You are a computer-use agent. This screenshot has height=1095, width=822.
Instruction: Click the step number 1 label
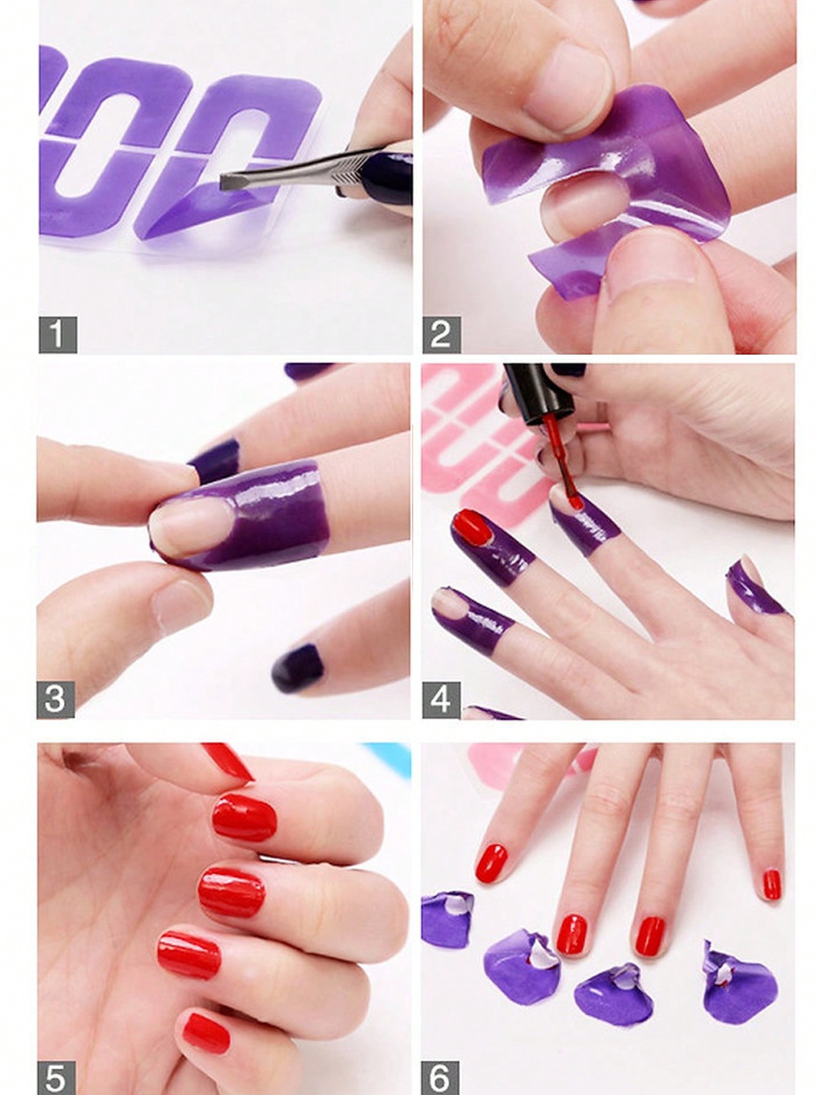[57, 334]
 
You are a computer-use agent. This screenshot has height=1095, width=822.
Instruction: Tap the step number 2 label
[440, 334]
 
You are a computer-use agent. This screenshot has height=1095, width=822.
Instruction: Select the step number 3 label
[55, 699]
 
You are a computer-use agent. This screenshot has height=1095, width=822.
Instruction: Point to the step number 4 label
[440, 699]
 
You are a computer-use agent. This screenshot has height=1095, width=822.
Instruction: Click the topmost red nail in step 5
[244, 818]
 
